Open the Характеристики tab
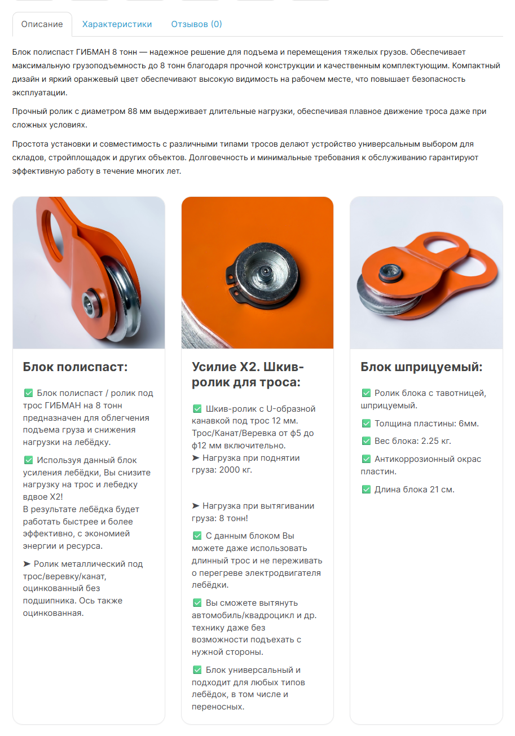[117, 24]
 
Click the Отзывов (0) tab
[196, 24]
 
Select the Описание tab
[42, 24]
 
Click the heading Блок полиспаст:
[76, 367]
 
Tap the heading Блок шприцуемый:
[421, 367]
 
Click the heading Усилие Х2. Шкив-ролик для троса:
[248, 374]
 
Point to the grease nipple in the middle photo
[264, 272]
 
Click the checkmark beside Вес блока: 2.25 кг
[366, 441]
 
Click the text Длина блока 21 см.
[414, 490]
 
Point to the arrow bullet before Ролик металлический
[27, 564]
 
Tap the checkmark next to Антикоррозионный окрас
[366, 459]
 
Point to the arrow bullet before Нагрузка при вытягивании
[196, 506]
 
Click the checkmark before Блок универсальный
[197, 670]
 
